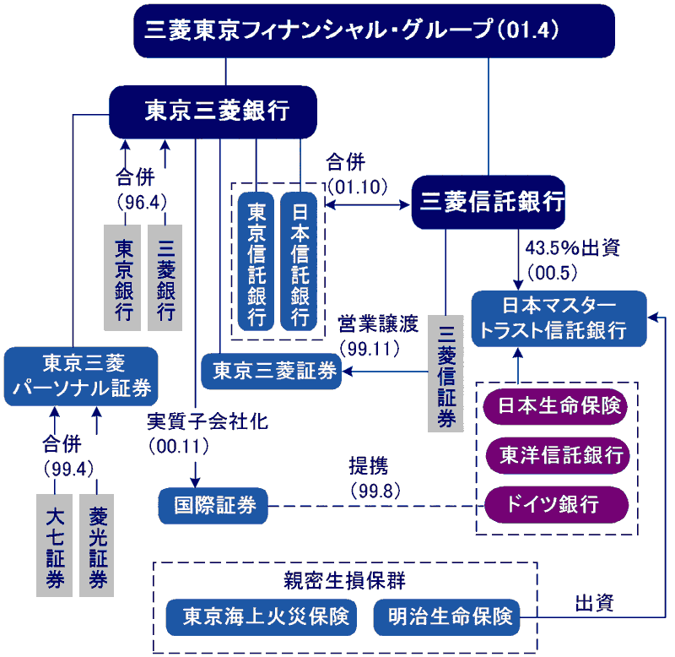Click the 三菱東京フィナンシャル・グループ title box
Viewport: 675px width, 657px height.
pos(374,30)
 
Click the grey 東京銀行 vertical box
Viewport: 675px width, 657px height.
pos(124,277)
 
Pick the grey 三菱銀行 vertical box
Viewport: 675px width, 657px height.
pos(165,277)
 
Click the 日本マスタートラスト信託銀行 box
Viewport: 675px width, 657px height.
pos(559,318)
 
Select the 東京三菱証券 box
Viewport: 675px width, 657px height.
pos(272,371)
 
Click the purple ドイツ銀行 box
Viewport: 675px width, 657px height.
pos(557,505)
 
